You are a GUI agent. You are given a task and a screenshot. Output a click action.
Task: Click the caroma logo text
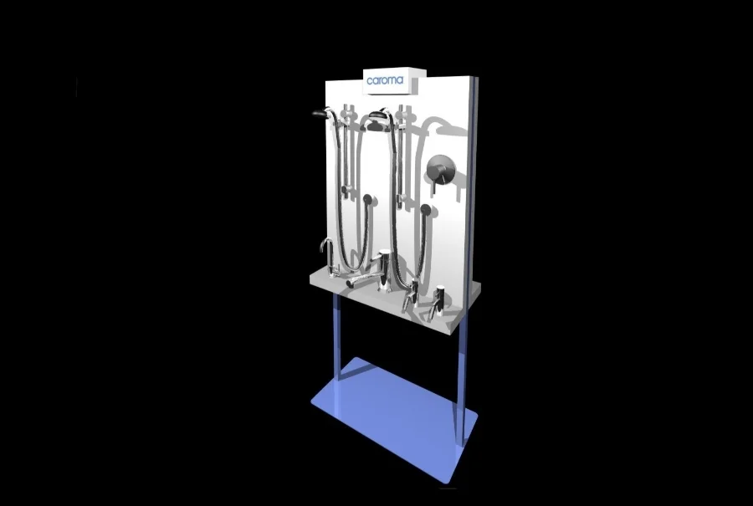385,81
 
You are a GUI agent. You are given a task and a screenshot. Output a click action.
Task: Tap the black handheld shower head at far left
318,112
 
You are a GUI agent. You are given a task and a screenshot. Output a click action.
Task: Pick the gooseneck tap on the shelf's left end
329,254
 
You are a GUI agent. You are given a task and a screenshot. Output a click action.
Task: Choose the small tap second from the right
411,298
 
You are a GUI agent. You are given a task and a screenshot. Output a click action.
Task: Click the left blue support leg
337,335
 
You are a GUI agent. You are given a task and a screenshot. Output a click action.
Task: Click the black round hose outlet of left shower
367,199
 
